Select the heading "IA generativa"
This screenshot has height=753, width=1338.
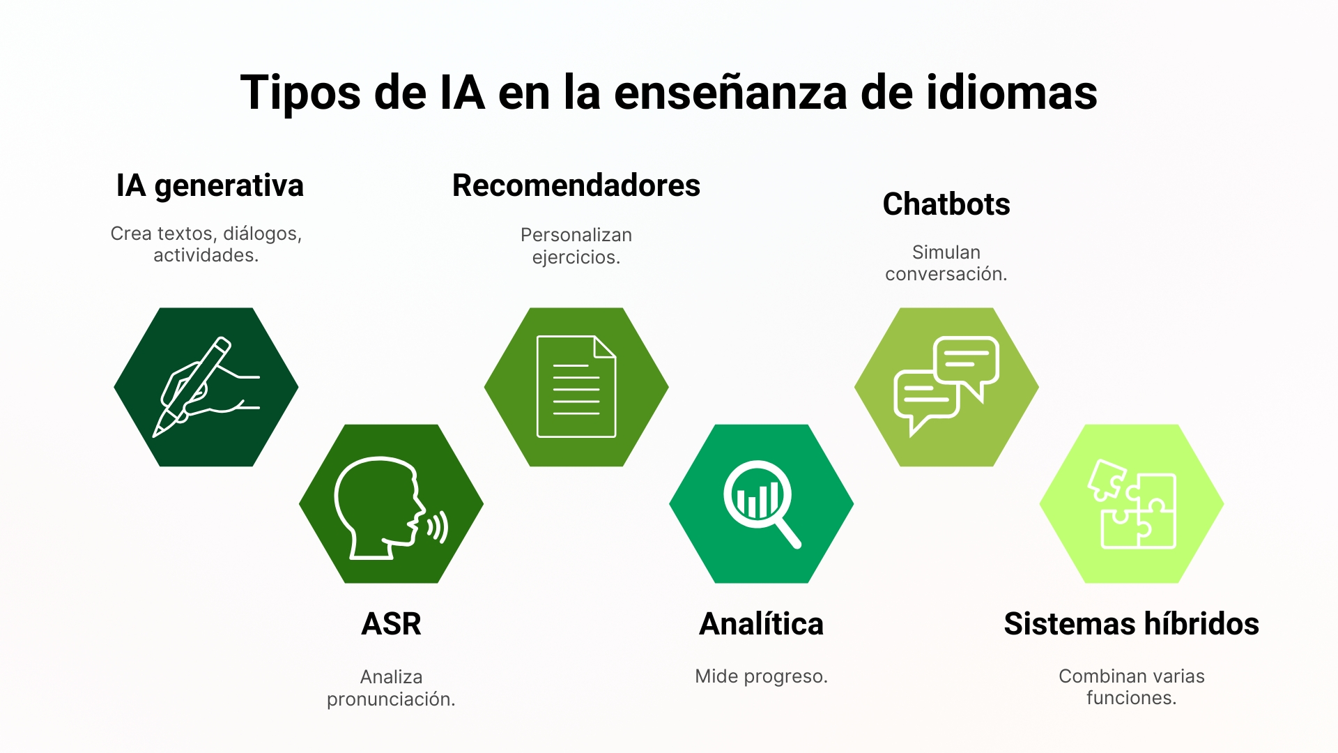(210, 186)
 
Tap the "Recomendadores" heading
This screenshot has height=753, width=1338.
(576, 185)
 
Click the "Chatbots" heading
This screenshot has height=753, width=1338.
(946, 204)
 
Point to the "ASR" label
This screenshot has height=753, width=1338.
(391, 624)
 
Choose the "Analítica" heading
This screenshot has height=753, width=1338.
(761, 624)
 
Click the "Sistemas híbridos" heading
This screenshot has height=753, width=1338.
(1131, 624)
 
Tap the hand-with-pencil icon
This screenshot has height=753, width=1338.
(206, 387)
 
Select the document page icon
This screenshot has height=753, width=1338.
(576, 387)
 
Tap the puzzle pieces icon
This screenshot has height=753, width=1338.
(1132, 503)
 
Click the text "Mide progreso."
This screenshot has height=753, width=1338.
(761, 676)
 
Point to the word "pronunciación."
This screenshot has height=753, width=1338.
(391, 699)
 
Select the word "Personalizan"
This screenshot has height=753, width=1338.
(576, 235)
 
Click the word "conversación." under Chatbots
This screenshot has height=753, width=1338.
(946, 274)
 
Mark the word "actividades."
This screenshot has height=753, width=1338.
(206, 256)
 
